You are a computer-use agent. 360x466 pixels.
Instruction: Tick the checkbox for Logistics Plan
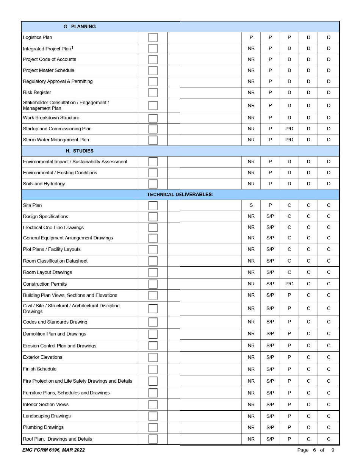click(153, 38)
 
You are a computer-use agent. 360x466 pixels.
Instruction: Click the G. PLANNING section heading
click(80, 27)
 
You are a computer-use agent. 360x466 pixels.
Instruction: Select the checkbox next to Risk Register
click(153, 92)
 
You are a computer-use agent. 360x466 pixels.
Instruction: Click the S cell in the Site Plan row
click(251, 205)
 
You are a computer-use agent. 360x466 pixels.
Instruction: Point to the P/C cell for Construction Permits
click(289, 284)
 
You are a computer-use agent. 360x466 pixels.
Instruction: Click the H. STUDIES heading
click(80, 151)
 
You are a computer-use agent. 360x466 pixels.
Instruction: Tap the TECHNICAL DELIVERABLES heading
click(180, 194)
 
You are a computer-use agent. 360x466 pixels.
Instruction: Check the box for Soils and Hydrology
click(153, 184)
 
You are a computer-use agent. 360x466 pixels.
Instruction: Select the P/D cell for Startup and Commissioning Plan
click(289, 129)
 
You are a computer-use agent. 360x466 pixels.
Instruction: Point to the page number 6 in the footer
click(314, 450)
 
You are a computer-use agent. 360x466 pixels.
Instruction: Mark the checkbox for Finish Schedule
click(153, 369)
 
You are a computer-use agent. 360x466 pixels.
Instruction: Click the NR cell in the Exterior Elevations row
click(251, 357)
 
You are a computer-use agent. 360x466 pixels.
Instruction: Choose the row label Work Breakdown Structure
click(51, 118)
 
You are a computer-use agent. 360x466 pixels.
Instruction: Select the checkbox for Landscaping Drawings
click(153, 416)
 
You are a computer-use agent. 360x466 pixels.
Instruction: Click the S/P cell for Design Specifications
click(270, 217)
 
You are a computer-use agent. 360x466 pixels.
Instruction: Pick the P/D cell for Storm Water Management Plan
click(289, 140)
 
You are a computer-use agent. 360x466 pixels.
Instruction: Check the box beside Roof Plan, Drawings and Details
click(153, 439)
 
